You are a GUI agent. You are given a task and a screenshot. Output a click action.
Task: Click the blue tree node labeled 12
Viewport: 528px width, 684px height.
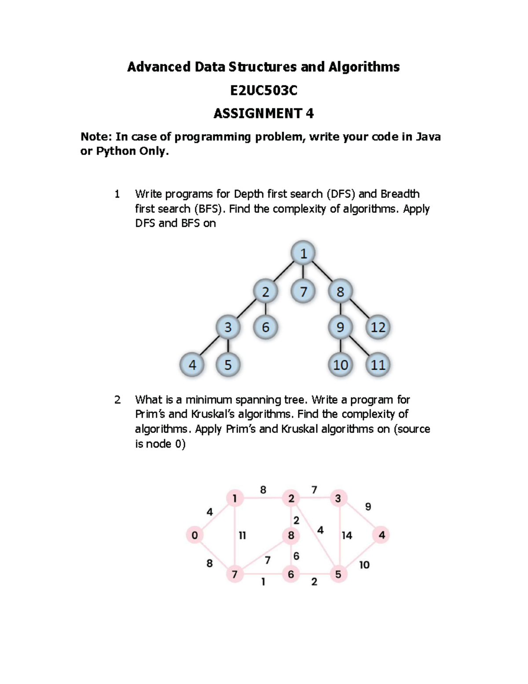coord(378,327)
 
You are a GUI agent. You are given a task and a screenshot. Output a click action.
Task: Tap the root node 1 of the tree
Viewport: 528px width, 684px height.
coord(303,253)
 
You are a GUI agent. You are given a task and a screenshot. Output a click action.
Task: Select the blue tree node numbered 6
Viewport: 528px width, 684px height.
coord(265,327)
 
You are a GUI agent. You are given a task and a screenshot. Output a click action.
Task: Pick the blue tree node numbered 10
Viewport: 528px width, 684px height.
coord(341,365)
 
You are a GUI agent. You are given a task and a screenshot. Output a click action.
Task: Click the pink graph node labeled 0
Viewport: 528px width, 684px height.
coord(194,535)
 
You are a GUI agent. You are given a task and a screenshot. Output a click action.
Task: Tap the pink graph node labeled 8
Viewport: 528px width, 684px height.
coord(291,536)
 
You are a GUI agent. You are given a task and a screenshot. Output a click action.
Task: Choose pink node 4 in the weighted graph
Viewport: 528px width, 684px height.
coord(381,535)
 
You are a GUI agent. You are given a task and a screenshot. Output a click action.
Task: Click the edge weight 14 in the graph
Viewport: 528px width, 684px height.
coord(347,536)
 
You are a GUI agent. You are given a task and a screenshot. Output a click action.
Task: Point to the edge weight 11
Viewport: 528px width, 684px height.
coord(242,536)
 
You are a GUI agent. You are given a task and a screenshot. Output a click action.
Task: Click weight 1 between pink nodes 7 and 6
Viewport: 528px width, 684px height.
coord(263,582)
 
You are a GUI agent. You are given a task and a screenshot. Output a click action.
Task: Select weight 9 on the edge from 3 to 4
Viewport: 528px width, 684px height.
coord(368,507)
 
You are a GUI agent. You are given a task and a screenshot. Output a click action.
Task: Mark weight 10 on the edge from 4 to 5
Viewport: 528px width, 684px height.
coord(364,565)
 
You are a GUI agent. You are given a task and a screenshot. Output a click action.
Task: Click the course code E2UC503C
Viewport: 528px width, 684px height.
coord(264,90)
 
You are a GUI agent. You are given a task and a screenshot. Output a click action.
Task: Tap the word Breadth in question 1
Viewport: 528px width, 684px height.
coord(400,194)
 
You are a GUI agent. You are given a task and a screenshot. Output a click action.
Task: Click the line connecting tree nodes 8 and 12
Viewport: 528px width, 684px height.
coord(359,309)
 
